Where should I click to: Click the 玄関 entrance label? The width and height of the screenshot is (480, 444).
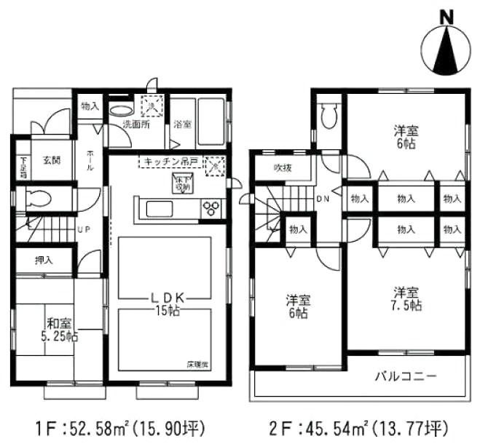[50, 160]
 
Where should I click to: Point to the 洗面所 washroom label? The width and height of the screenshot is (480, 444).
[135, 124]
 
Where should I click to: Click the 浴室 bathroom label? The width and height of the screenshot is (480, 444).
[182, 124]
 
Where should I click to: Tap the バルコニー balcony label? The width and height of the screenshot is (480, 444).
[406, 377]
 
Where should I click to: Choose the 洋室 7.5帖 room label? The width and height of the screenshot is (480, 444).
[406, 298]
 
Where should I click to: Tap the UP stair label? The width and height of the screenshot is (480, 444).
[84, 230]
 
